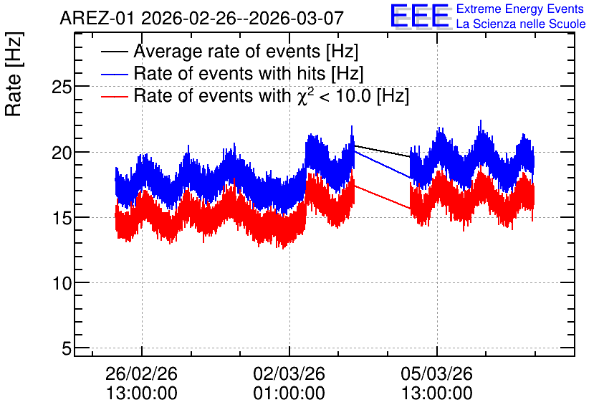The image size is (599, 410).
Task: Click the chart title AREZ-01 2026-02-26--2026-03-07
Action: tap(202, 18)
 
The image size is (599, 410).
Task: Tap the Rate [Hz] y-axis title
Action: tap(14, 74)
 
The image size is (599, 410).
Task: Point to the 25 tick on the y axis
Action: tap(62, 87)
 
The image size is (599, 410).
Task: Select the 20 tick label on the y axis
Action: tap(62, 153)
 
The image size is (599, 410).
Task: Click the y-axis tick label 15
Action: tap(62, 218)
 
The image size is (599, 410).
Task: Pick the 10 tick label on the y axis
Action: tap(62, 284)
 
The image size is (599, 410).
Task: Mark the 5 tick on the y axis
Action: tap(67, 349)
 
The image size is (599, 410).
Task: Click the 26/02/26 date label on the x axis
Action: tap(141, 373)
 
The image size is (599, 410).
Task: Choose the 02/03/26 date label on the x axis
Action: tap(289, 373)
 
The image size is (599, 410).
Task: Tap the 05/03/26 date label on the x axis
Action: tap(436, 373)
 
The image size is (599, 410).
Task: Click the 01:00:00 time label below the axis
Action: tap(289, 394)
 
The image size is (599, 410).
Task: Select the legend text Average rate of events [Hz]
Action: tap(246, 51)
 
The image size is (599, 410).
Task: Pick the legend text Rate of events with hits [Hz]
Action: tap(249, 73)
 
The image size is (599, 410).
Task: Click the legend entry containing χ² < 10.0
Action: tap(272, 95)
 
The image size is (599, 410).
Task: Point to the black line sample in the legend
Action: tap(114, 52)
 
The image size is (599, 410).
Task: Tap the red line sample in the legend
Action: tap(114, 96)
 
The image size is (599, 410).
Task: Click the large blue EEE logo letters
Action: tap(420, 16)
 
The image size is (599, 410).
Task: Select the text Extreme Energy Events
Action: tap(520, 9)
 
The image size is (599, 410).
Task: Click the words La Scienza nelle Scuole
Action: tap(521, 24)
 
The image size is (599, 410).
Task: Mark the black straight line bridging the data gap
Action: tap(383, 151)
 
